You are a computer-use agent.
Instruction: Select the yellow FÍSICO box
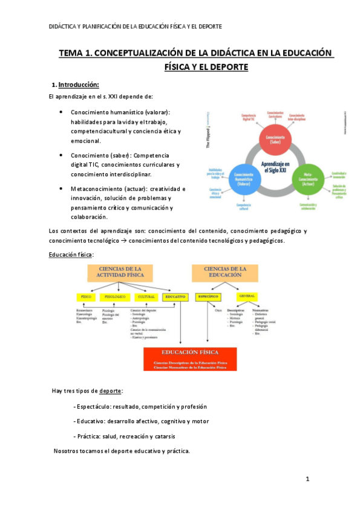[87, 297]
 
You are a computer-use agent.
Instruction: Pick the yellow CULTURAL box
[147, 297]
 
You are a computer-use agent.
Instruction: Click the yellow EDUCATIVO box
[176, 297]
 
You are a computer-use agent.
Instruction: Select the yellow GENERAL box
[247, 297]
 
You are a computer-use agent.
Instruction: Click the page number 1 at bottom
[307, 479]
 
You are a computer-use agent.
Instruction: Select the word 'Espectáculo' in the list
[93, 406]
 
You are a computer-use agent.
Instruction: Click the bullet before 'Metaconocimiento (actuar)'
[62, 188]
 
